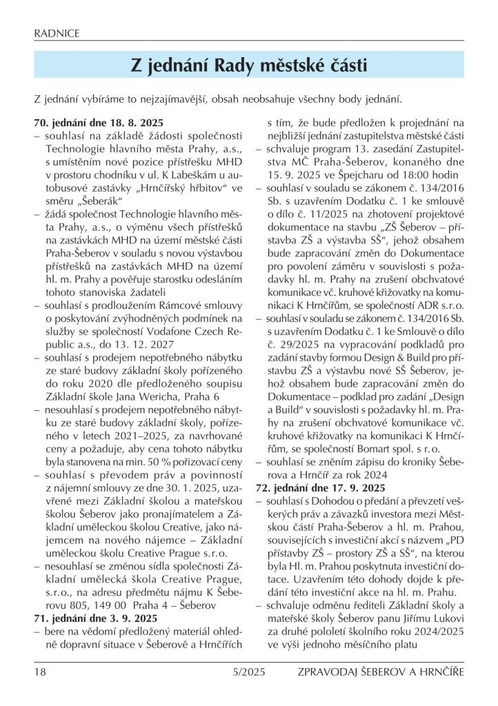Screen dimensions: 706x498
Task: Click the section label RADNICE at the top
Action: (x=57, y=32)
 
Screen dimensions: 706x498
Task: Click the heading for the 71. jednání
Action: (x=97, y=618)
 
